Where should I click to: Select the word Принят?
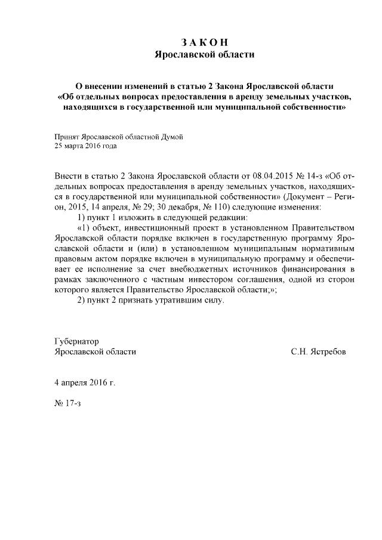(66, 136)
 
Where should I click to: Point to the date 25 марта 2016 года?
(85, 145)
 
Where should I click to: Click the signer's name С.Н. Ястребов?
(318, 351)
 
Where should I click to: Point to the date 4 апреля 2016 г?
(84, 381)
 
